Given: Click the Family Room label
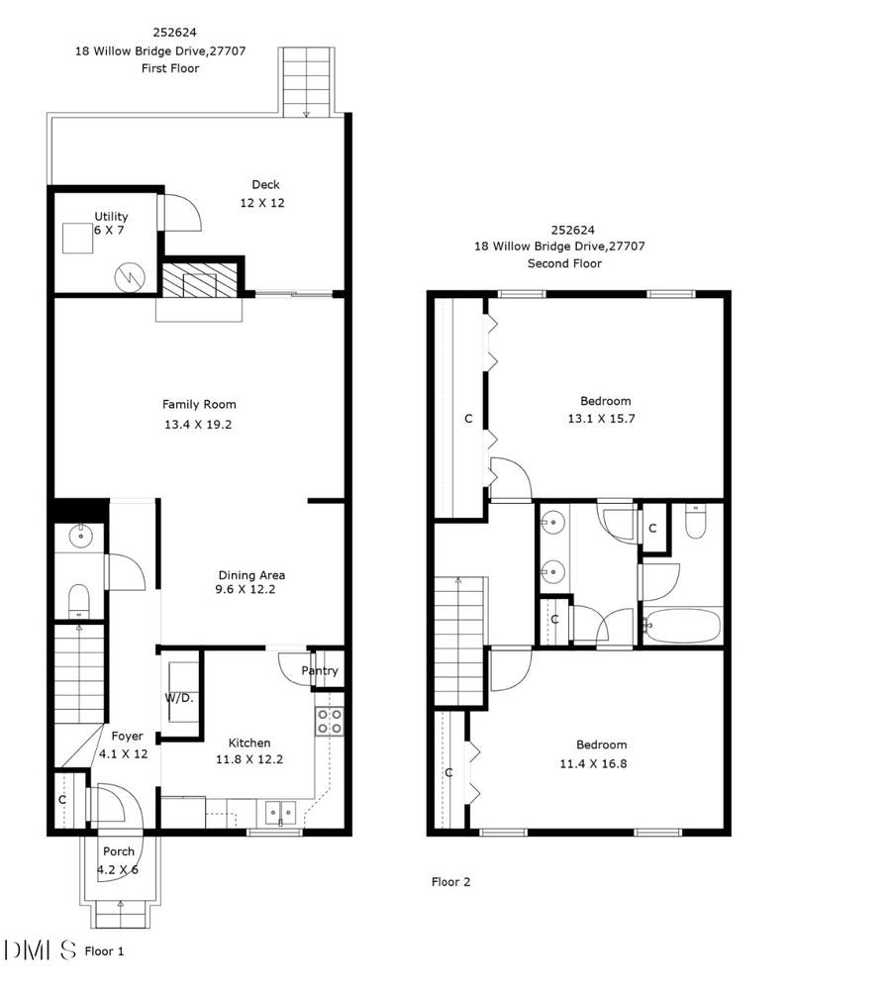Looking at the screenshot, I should click(199, 404).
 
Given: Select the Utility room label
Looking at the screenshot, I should click(111, 217).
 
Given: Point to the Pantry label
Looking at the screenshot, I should click(320, 670).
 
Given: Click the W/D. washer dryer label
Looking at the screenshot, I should click(178, 698).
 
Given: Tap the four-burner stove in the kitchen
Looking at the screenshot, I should click(329, 721).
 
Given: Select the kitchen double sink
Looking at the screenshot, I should click(280, 813).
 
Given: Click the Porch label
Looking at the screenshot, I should click(118, 851).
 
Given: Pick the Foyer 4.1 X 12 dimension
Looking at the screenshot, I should click(124, 753).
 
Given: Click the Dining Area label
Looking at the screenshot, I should click(251, 575).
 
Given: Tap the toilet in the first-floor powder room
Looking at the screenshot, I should click(78, 599).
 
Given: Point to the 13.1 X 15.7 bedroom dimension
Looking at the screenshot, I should click(605, 419).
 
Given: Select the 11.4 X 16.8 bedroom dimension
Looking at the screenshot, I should click(601, 763).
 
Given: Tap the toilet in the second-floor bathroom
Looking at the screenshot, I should click(695, 522).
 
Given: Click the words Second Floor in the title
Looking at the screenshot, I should click(564, 263).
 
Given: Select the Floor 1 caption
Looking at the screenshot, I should click(105, 951).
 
